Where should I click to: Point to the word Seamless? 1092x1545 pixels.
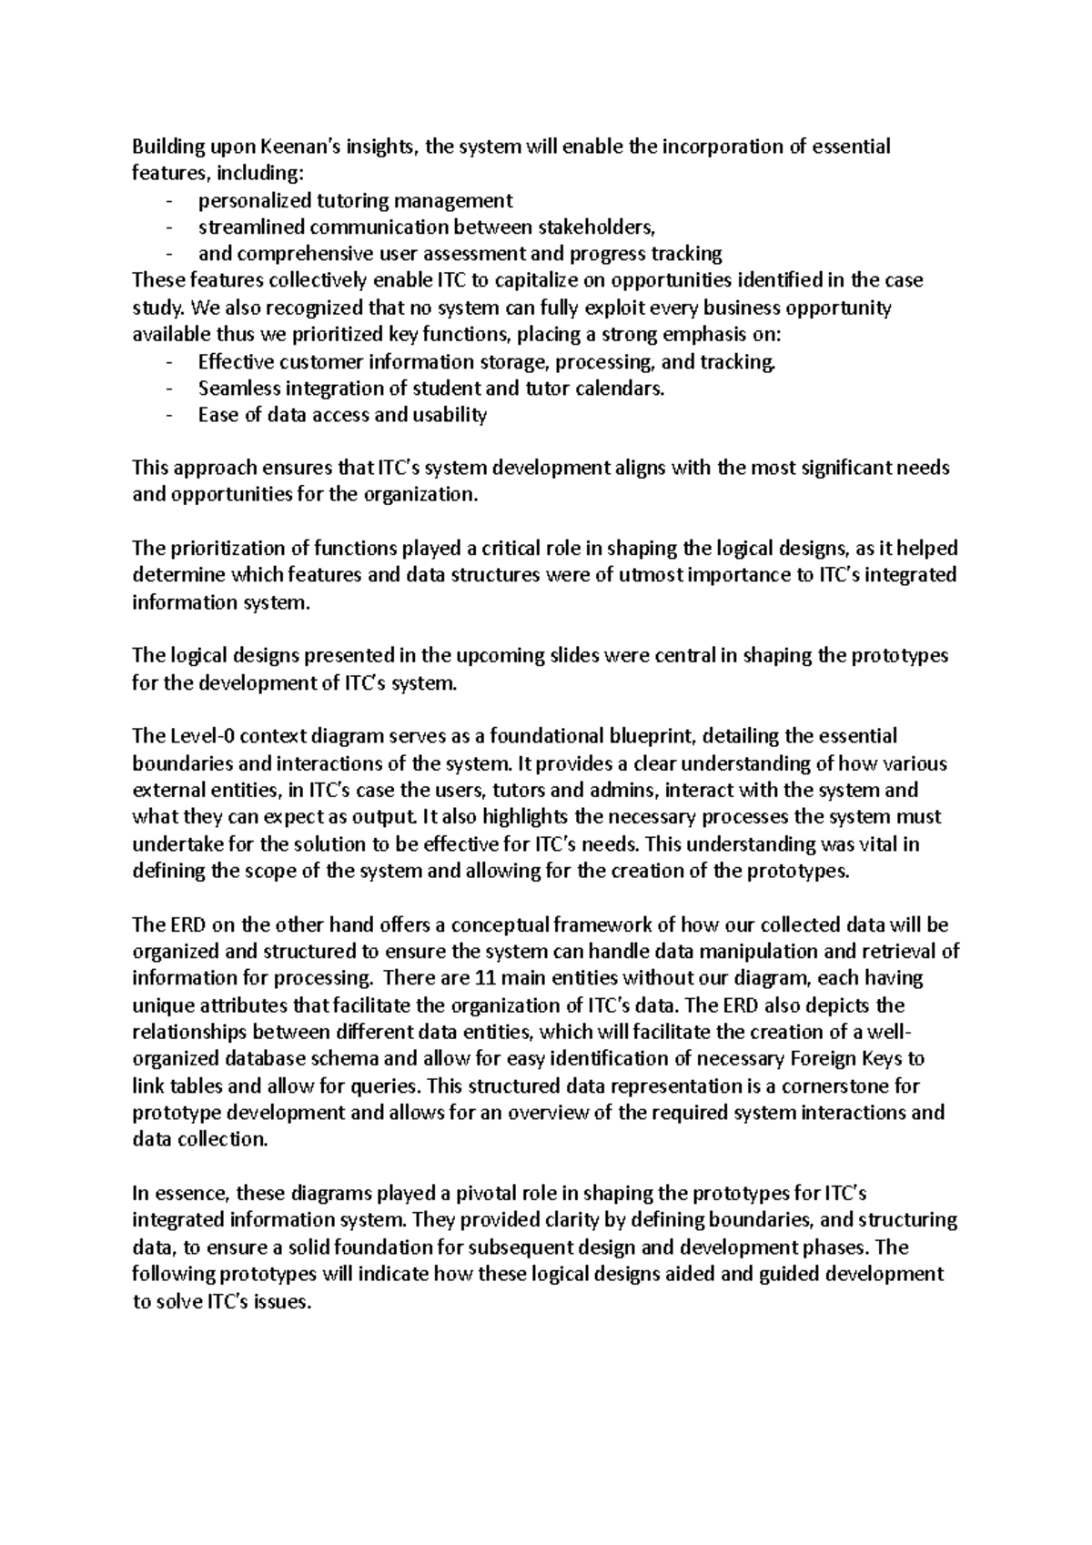[239, 389]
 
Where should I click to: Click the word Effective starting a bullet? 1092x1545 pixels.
[237, 362]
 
